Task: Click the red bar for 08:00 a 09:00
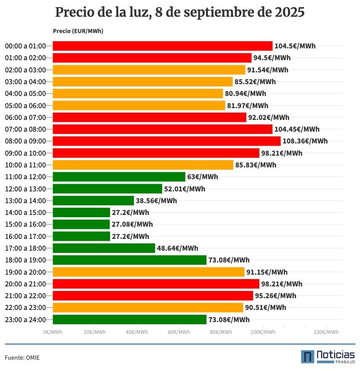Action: pos(167,141)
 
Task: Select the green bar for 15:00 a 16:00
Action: pos(82,224)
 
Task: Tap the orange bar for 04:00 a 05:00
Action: pos(138,94)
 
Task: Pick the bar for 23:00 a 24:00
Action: pos(130,319)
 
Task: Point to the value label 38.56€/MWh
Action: pos(156,201)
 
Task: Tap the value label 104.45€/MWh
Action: pos(297,129)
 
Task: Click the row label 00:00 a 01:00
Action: pos(25,46)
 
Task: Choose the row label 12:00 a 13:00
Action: pos(25,189)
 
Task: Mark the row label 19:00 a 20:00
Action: pos(25,272)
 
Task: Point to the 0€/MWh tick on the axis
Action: pos(53,332)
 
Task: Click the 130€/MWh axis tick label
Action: pos(326,332)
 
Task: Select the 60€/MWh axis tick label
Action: pos(179,332)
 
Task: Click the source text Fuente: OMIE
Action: pos(22,358)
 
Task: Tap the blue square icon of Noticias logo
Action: pos(307,357)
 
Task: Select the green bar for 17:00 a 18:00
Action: pos(104,248)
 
